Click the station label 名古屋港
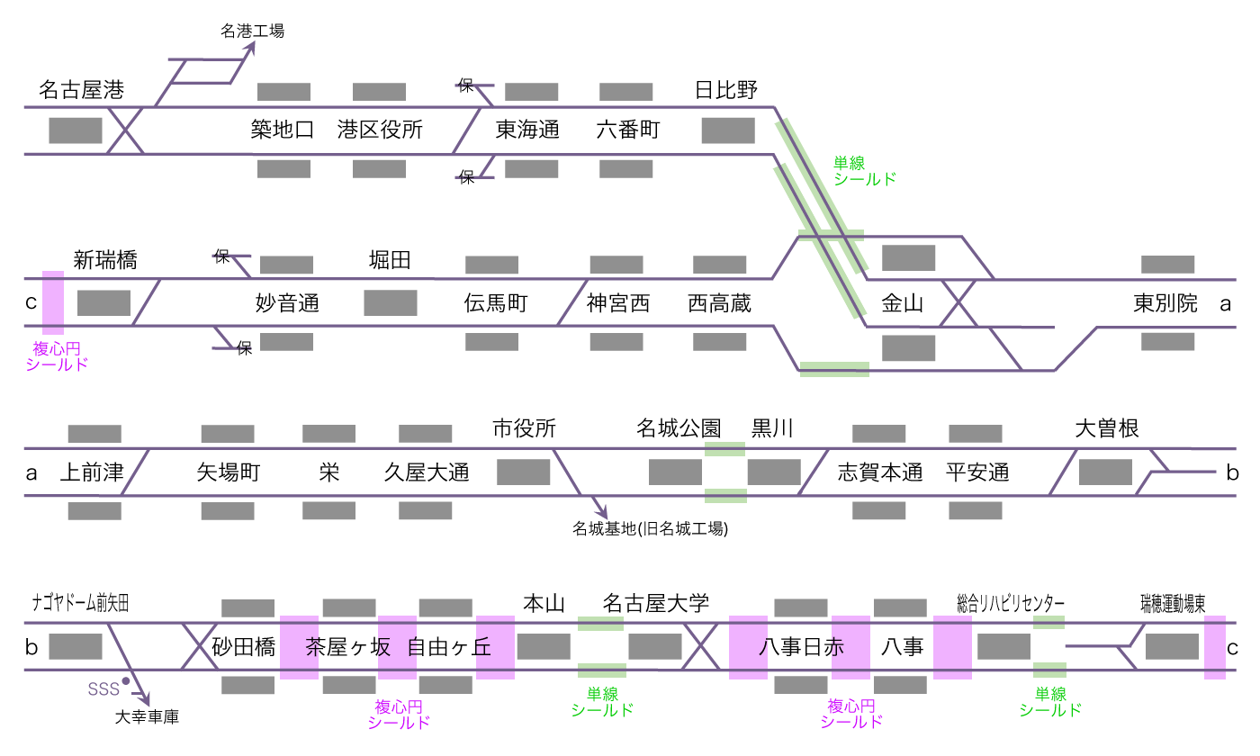click(x=82, y=90)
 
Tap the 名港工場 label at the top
click(x=252, y=31)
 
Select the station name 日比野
click(x=726, y=90)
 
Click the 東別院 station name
click(x=1165, y=303)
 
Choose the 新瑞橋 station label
click(x=105, y=261)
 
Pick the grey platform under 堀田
click(x=390, y=302)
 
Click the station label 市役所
click(x=524, y=429)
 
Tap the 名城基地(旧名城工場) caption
click(x=650, y=529)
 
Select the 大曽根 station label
click(x=1107, y=429)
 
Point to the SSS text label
click(x=103, y=689)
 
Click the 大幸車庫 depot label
click(x=148, y=717)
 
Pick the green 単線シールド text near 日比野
click(x=865, y=171)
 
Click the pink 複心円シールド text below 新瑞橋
click(x=57, y=356)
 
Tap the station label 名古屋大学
click(x=656, y=603)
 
